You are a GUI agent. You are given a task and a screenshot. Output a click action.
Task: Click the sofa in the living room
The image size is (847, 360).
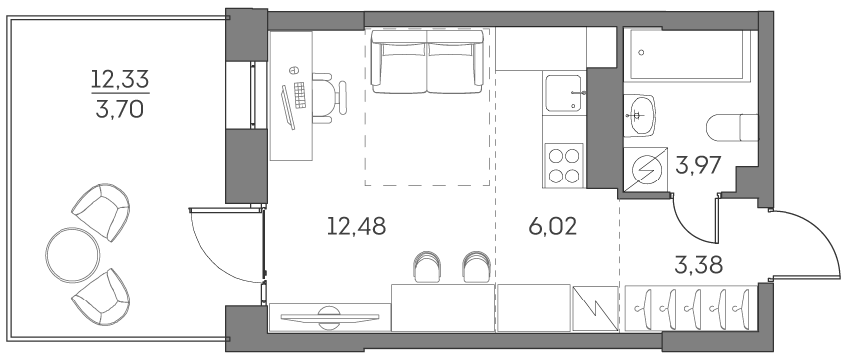pyautogui.click(x=428, y=61)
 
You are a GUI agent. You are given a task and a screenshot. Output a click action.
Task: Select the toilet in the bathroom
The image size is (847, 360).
pyautogui.click(x=732, y=127)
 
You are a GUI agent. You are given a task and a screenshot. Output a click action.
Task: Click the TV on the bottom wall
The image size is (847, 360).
pyautogui.click(x=329, y=315)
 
